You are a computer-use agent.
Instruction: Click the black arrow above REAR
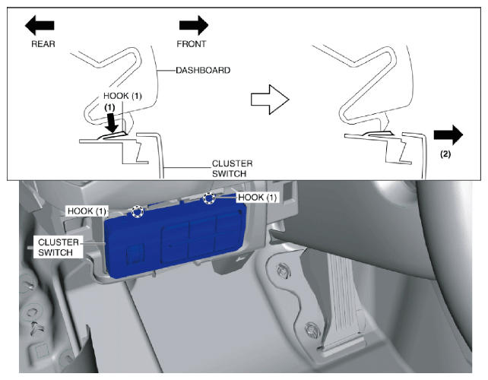pos(40,25)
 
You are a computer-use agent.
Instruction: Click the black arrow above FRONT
pos(194,25)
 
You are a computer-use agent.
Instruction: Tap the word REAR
pos(43,44)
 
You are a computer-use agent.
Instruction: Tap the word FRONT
pos(191,44)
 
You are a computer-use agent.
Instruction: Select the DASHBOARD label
pos(203,71)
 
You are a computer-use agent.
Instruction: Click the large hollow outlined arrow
pos(270,100)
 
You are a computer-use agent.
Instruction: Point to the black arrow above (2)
pos(448,135)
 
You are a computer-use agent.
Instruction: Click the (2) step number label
pos(445,154)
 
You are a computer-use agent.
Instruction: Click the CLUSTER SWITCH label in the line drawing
pos(232,169)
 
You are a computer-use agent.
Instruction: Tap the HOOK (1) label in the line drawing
pos(122,96)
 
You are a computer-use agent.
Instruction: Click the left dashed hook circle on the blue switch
pos(138,211)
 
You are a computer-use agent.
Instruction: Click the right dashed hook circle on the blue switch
pos(209,198)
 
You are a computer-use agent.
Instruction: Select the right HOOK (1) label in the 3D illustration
pos(257,198)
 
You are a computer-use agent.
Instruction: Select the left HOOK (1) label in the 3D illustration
pos(87,211)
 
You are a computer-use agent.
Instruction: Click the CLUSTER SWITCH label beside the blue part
pos(59,248)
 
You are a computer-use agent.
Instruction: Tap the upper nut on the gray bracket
pos(283,269)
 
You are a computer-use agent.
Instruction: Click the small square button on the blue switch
pos(135,254)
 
